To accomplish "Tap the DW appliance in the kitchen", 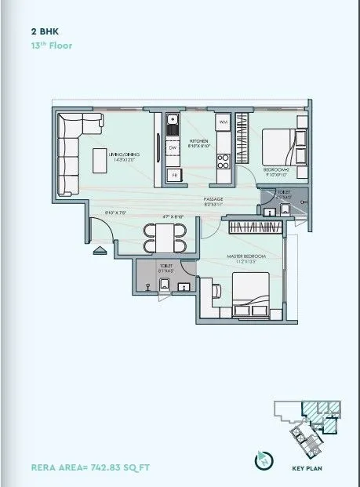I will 172,147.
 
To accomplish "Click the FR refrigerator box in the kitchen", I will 173,174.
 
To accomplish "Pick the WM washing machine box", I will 223,122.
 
